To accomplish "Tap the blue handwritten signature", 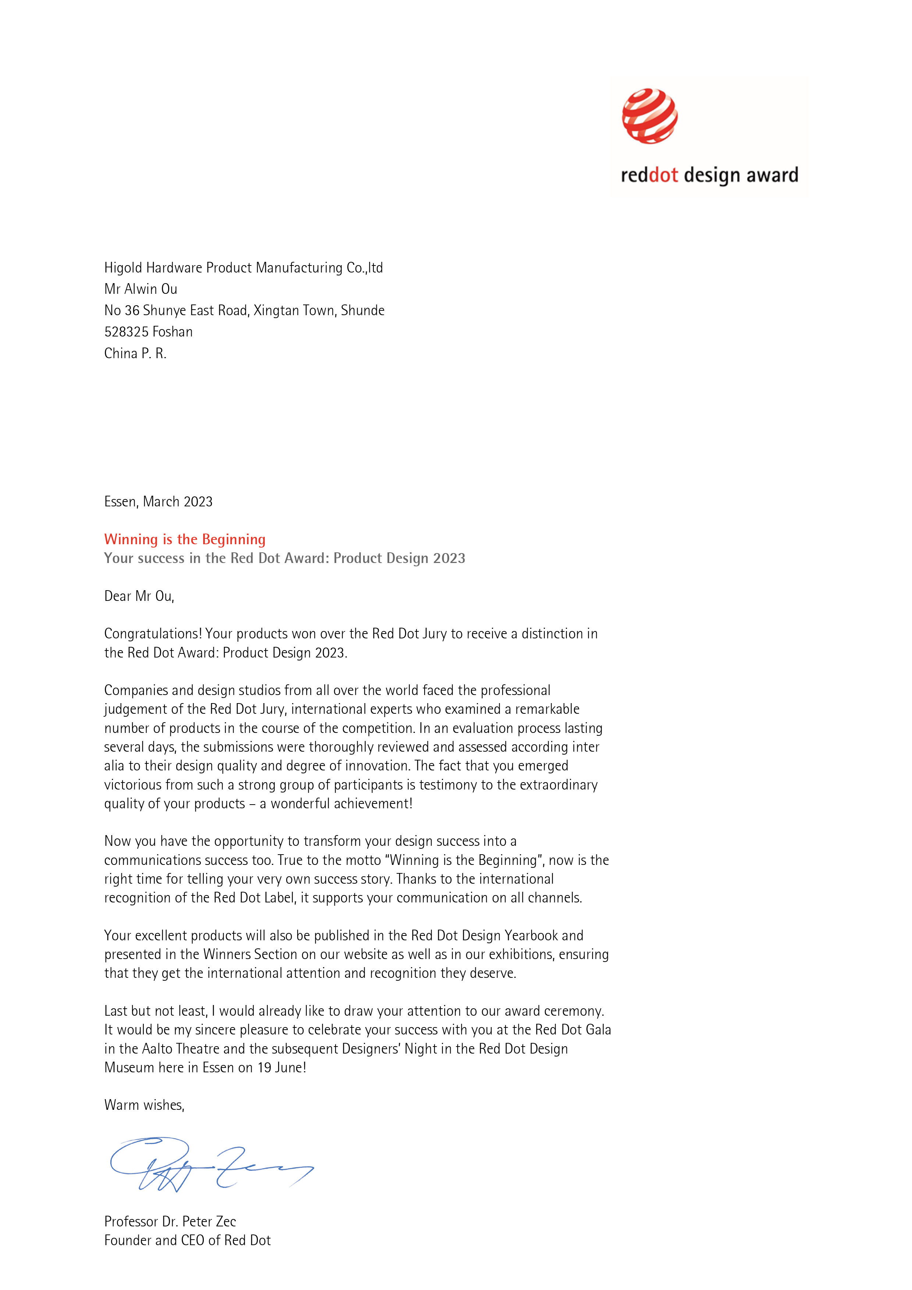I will point(211,1164).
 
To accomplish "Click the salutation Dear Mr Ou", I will point(139,596).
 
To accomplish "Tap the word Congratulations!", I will point(153,634).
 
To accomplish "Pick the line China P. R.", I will point(135,353).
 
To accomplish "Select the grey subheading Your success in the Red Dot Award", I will point(284,559).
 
